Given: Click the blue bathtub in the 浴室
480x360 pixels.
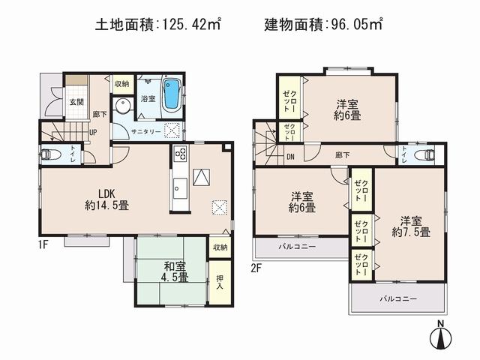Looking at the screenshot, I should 172,93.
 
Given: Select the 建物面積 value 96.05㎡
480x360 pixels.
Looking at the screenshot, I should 353,25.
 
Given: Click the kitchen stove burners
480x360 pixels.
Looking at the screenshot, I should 180,154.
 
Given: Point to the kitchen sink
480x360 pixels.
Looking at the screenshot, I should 180,186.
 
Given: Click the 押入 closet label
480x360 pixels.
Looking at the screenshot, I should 219,281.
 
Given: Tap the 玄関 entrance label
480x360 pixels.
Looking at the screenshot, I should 76,103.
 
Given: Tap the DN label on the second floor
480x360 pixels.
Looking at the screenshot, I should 290,157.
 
